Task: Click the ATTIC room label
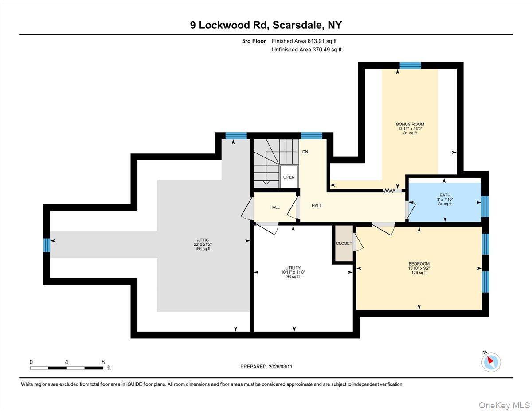[x=203, y=240]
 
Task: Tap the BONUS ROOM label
[x=407, y=124]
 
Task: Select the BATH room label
[x=445, y=195]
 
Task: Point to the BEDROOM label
[x=419, y=263]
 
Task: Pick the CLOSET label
[x=344, y=243]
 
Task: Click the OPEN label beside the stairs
[x=289, y=177]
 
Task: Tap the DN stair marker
[x=305, y=152]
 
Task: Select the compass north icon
[x=491, y=361]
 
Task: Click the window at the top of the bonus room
[x=410, y=66]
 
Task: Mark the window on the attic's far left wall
[x=46, y=245]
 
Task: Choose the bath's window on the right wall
[x=485, y=206]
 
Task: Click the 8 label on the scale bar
[x=103, y=362]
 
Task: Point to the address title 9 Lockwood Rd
[x=266, y=25]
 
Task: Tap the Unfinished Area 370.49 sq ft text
[x=307, y=50]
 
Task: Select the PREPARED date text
[x=266, y=367]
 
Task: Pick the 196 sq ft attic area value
[x=203, y=249]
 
